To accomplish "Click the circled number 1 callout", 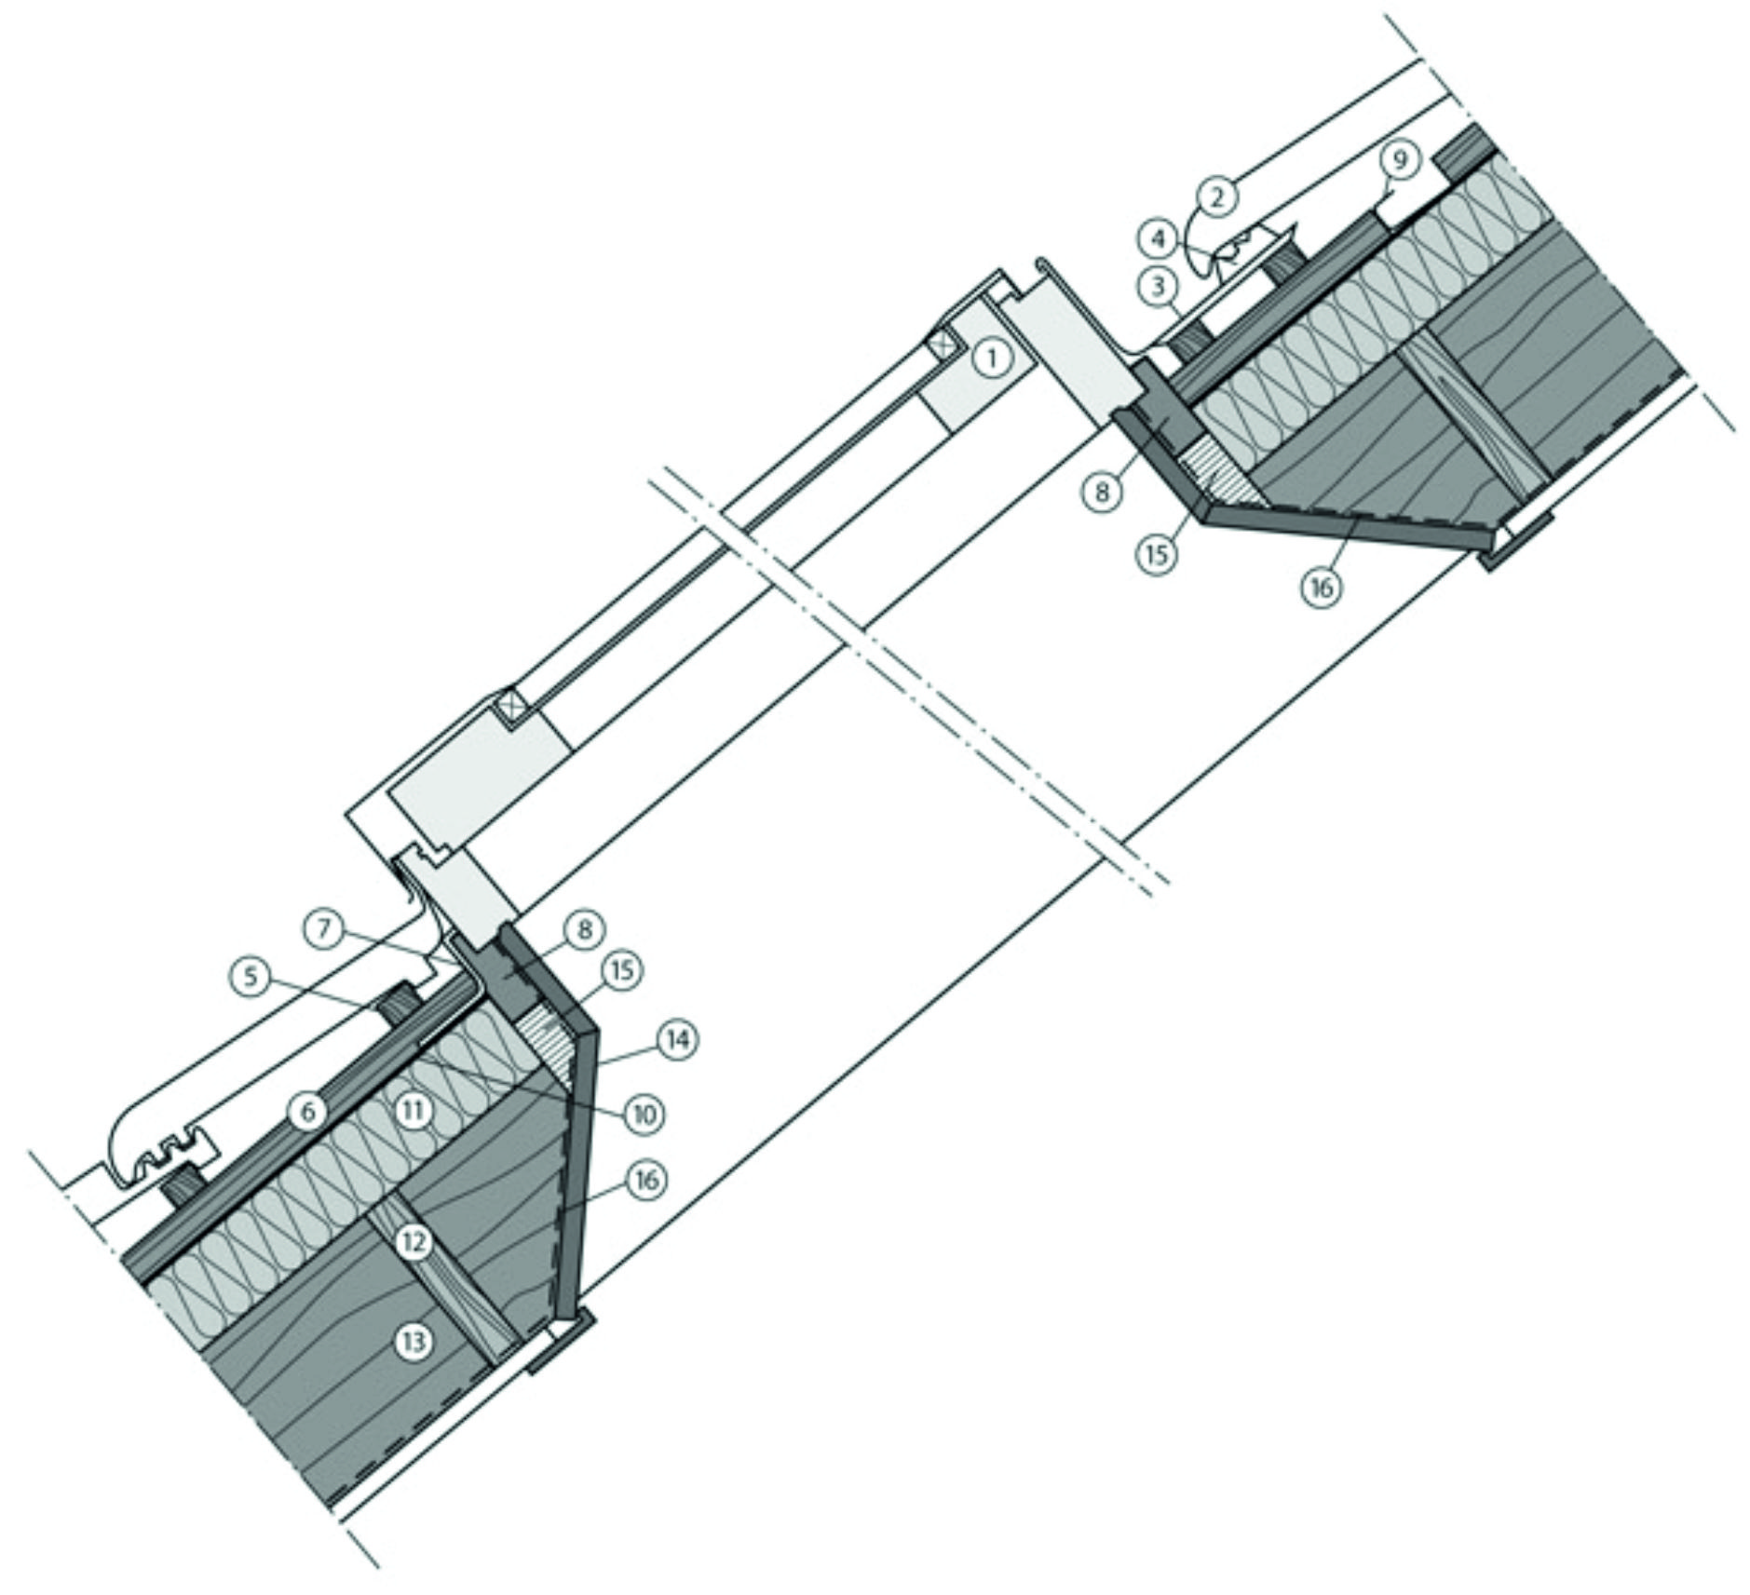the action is point(992,357).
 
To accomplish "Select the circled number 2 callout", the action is point(1221,196).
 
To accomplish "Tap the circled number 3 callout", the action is point(1159,287).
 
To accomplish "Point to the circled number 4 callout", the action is point(1159,239).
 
